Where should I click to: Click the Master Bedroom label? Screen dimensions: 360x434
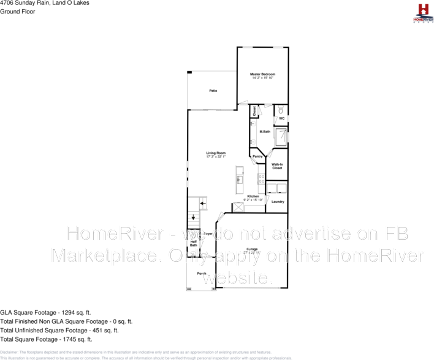[262, 74]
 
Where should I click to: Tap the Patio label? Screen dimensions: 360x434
[213, 91]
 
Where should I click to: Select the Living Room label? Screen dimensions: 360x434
[216, 153]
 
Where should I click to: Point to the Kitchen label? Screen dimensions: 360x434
[253, 196]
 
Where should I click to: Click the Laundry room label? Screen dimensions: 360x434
[278, 202]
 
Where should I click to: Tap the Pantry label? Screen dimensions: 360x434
[257, 156]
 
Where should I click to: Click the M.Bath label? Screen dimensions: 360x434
[265, 132]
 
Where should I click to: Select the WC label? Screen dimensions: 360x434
[281, 119]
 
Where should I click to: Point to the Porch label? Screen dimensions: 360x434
[202, 273]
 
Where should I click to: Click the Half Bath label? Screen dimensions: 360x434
[193, 243]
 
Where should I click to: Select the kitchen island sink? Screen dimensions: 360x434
[240, 180]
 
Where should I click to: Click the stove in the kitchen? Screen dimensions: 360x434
[262, 179]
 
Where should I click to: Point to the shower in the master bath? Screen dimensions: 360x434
[280, 137]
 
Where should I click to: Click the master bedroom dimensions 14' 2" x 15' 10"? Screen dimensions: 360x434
[262, 78]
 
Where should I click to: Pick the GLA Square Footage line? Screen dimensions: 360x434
[46, 312]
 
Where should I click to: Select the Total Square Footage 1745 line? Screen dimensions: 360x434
[46, 339]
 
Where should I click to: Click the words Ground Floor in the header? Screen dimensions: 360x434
[17, 11]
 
